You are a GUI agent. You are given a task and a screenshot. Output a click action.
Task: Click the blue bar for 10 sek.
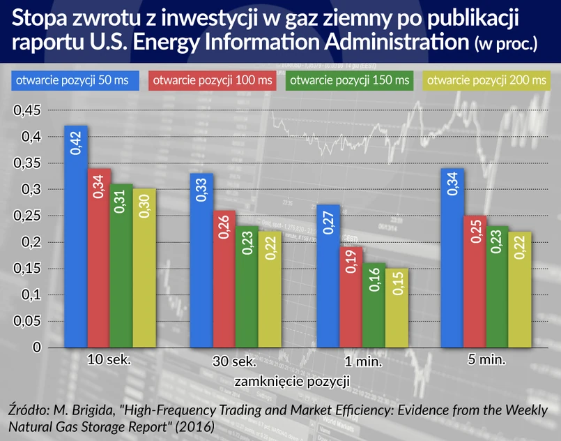tap(76, 237)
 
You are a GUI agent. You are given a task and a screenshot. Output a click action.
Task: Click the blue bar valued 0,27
tap(327, 276)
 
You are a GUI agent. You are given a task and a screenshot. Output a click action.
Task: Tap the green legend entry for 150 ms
tap(351, 80)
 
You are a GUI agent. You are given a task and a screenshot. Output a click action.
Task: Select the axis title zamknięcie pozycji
tap(291, 382)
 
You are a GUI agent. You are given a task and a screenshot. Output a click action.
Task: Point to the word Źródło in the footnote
tap(30, 409)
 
